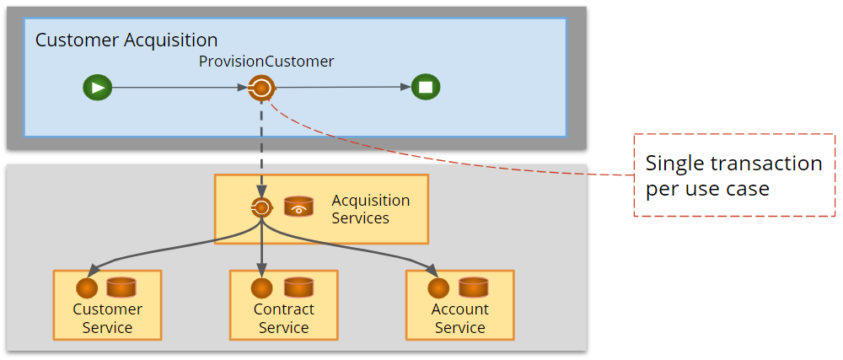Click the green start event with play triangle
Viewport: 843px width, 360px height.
[x=97, y=87]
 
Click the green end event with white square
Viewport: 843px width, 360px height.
[x=425, y=87]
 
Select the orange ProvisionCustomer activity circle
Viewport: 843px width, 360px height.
[x=261, y=87]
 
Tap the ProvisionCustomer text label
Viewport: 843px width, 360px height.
[x=266, y=62]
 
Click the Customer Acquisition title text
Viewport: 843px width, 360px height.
[x=126, y=40]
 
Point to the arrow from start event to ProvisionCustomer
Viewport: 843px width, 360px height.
[x=177, y=87]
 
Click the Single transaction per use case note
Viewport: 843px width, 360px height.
[x=733, y=175]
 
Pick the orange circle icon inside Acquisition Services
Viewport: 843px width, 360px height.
[x=261, y=207]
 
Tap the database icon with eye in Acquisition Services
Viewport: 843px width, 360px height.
[x=298, y=207]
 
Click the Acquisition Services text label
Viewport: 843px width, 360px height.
[x=370, y=209]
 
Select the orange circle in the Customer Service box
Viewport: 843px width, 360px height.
[x=87, y=288]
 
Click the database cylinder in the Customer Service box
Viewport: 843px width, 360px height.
[x=121, y=287]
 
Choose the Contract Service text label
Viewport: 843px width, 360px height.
[x=283, y=319]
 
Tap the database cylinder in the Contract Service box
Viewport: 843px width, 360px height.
[x=298, y=287]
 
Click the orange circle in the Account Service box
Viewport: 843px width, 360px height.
[x=438, y=288]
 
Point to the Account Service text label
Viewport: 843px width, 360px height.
[x=459, y=319]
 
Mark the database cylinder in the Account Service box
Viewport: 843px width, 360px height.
[x=473, y=287]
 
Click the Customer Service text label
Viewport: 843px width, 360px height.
[x=107, y=319]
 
